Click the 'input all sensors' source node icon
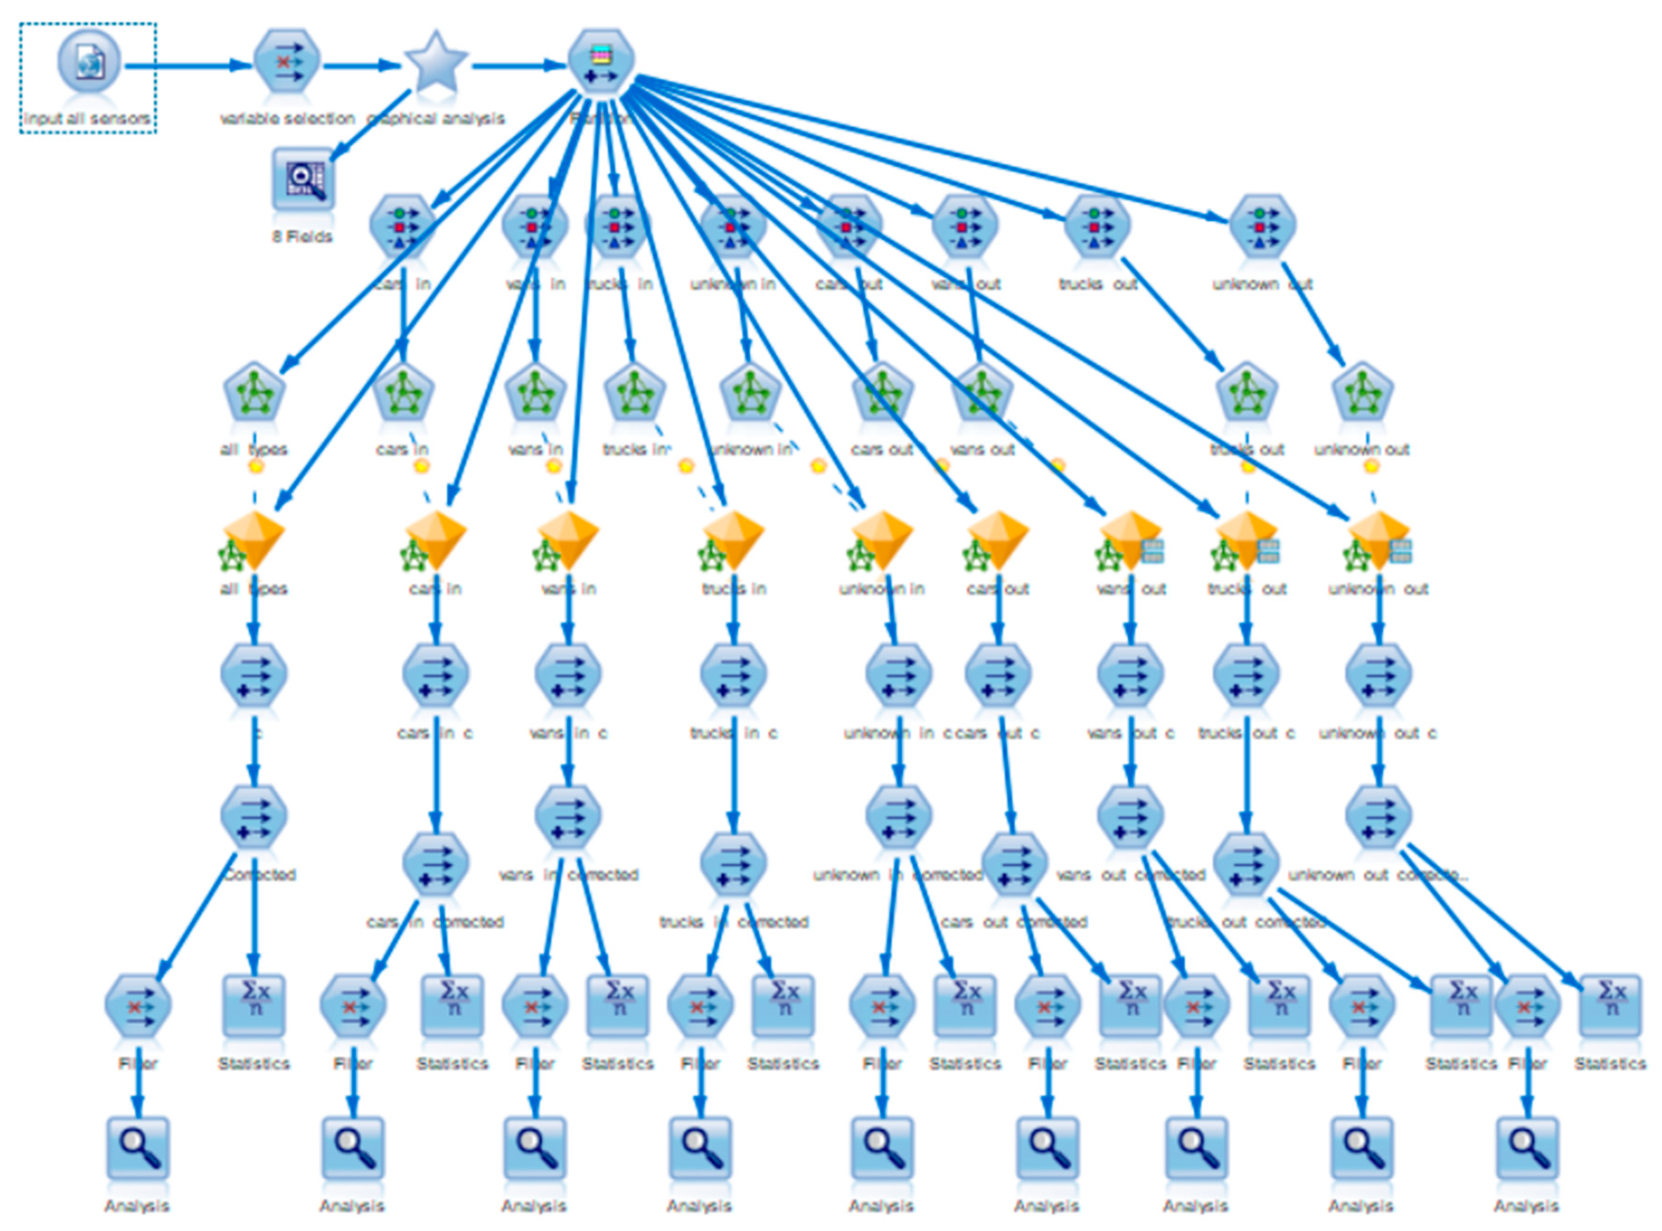tap(89, 62)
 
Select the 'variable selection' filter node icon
tap(287, 62)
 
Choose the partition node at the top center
tap(601, 62)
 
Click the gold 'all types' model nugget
tap(254, 538)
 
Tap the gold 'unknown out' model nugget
tap(1378, 538)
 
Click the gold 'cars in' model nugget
tap(436, 538)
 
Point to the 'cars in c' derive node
tap(436, 675)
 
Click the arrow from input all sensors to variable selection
tap(186, 66)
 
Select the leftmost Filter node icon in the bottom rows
tap(138, 1006)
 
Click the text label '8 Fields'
tap(302, 237)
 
